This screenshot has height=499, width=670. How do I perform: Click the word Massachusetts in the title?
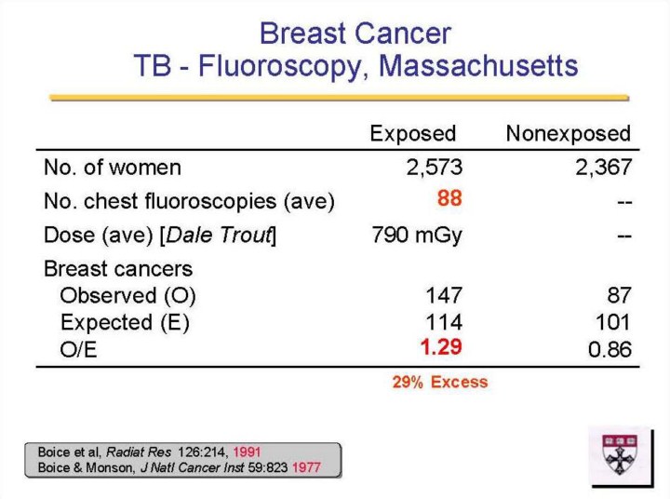478,65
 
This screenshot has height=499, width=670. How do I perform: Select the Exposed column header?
413,133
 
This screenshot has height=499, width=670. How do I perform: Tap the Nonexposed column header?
569,133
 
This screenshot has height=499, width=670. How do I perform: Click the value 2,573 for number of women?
435,167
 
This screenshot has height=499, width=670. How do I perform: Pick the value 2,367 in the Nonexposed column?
603,167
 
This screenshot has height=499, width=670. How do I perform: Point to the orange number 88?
449,198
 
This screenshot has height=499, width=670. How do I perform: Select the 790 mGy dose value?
417,236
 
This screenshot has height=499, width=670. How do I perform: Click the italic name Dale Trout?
219,235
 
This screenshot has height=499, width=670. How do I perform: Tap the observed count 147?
444,295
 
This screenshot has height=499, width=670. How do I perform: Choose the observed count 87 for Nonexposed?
619,295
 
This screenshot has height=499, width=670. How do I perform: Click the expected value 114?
444,321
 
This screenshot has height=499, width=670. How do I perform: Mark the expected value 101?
612,321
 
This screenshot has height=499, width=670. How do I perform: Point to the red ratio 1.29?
441,346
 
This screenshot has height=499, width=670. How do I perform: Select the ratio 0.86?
610,349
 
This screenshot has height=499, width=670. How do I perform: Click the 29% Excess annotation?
440,382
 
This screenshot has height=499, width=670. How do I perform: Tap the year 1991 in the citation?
247,452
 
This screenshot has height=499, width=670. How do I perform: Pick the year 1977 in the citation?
306,467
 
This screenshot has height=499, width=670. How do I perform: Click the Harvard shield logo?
620,454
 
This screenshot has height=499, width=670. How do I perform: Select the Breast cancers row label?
118,269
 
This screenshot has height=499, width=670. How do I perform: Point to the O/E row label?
78,350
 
